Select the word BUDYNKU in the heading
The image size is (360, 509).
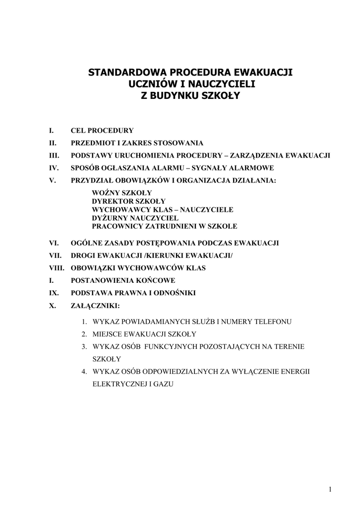176,95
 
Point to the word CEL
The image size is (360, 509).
79,131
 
